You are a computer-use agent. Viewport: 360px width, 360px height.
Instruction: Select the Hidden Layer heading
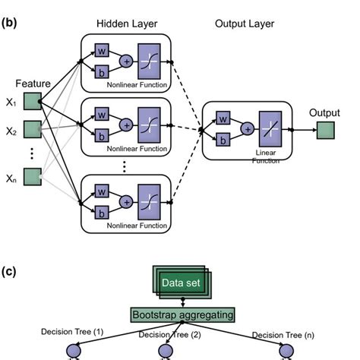point(126,24)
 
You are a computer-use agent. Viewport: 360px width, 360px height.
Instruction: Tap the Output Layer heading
point(243,24)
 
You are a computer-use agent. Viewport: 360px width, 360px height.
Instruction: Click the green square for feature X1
point(33,101)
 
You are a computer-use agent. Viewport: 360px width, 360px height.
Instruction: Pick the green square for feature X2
point(33,130)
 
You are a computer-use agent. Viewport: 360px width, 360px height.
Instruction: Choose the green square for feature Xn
point(33,177)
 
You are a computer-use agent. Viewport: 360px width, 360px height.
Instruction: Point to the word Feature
point(32,83)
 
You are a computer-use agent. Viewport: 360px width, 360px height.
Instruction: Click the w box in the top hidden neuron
point(100,50)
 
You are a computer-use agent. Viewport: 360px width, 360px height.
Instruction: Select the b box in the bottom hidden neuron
point(100,213)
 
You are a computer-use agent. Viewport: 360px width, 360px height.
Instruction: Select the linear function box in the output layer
point(270,130)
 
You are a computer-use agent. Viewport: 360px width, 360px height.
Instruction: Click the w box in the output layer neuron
point(223,119)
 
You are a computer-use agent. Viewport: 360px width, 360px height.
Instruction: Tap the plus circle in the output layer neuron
point(248,130)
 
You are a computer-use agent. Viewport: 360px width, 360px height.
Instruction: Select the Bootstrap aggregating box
point(183,314)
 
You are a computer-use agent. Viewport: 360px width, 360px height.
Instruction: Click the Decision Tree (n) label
point(284,333)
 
